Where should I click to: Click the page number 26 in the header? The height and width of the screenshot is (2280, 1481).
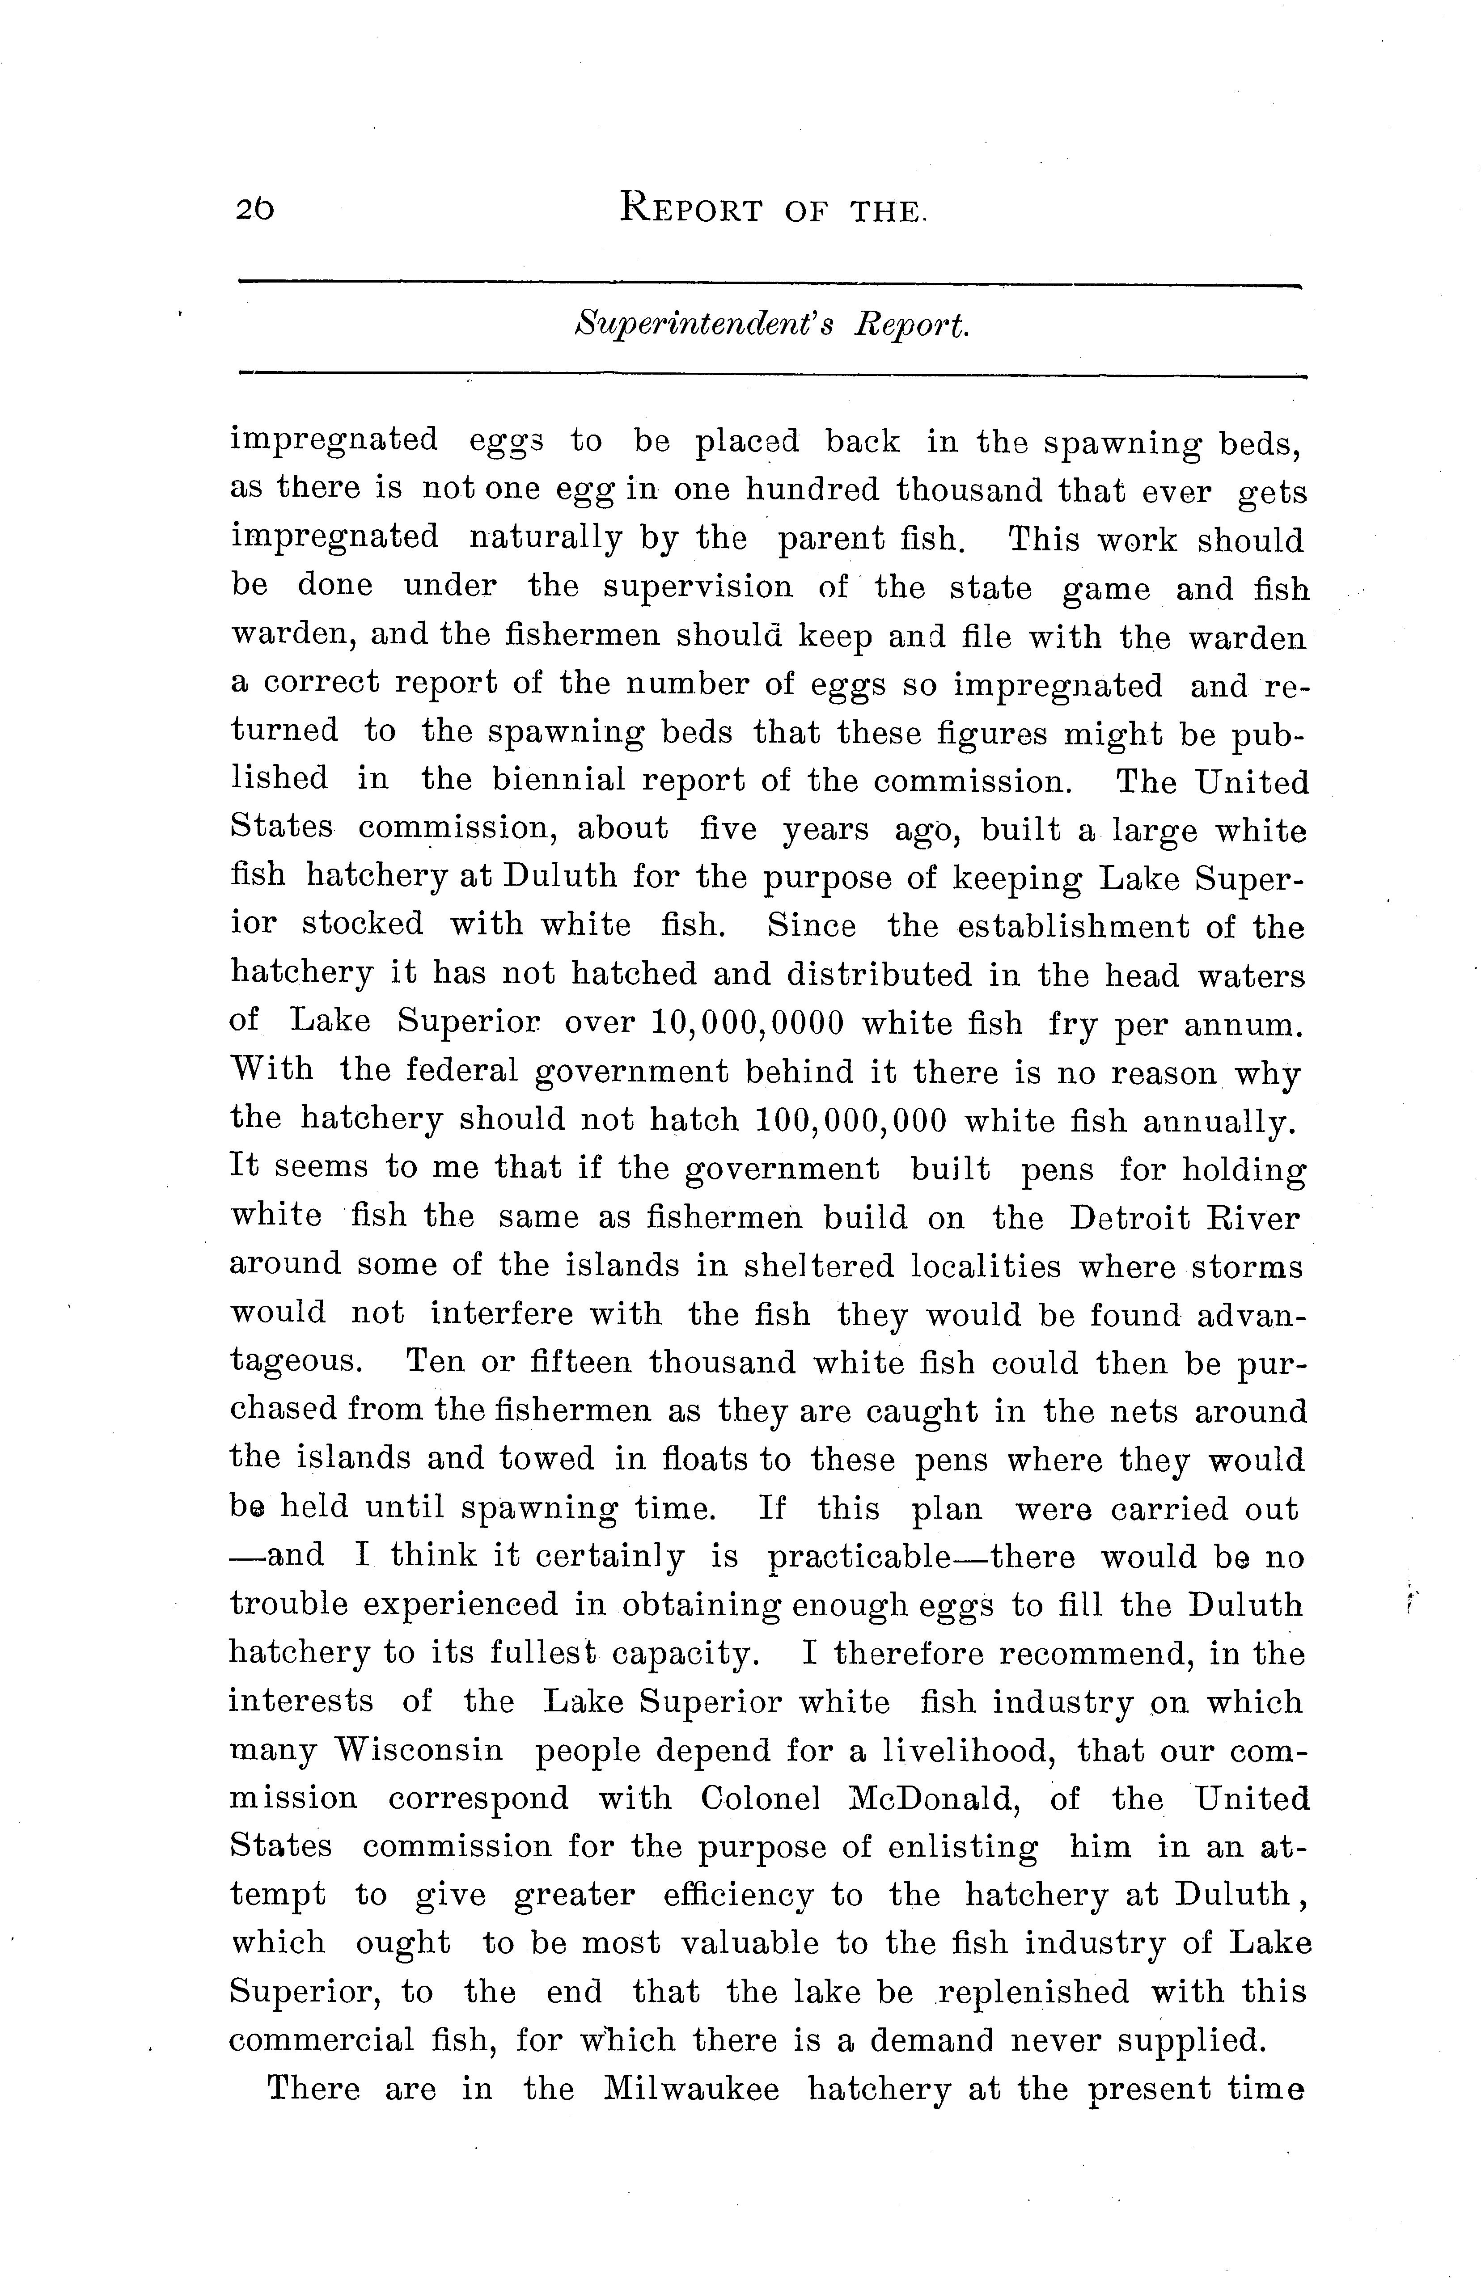pos(253,208)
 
